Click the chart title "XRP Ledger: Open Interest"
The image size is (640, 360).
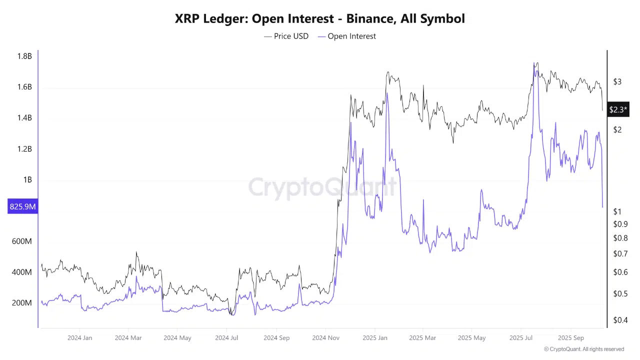tap(319, 19)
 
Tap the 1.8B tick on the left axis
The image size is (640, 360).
tap(24, 56)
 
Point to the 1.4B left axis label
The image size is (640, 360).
tap(24, 118)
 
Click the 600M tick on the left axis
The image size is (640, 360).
tap(21, 241)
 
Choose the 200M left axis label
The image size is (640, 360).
tap(21, 303)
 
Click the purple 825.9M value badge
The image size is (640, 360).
tap(22, 206)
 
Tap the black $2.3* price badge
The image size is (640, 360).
tap(618, 109)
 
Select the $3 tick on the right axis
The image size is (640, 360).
tap(617, 82)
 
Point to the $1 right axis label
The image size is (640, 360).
tap(617, 212)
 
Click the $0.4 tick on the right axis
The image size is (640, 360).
tap(620, 320)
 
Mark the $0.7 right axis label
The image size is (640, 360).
tap(620, 254)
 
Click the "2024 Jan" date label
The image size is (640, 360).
tap(80, 338)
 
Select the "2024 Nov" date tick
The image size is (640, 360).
tap(326, 338)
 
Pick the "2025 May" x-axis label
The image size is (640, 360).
tap(472, 338)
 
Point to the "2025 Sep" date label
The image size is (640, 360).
tap(571, 338)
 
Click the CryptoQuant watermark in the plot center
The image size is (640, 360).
tap(322, 187)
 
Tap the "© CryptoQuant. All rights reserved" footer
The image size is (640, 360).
tap(584, 349)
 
